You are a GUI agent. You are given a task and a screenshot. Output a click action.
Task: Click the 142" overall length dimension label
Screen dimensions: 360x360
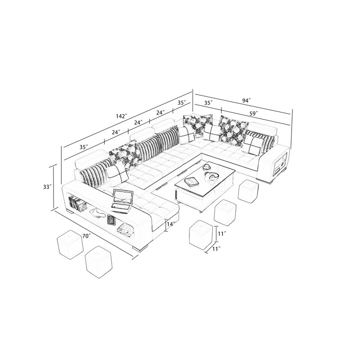pos(121,116)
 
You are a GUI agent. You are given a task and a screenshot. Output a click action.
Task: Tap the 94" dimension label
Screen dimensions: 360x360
pos(246,100)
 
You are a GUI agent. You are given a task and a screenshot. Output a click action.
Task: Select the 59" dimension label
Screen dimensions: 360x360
pos(254,113)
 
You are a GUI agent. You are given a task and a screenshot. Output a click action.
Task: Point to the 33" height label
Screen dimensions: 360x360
pos(47,187)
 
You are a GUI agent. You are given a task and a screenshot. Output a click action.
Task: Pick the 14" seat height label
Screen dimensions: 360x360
pos(171,224)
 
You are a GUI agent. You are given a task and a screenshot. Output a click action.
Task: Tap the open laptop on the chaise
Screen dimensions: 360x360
pos(122,201)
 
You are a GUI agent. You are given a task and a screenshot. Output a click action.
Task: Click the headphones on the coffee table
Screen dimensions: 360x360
pos(211,175)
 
